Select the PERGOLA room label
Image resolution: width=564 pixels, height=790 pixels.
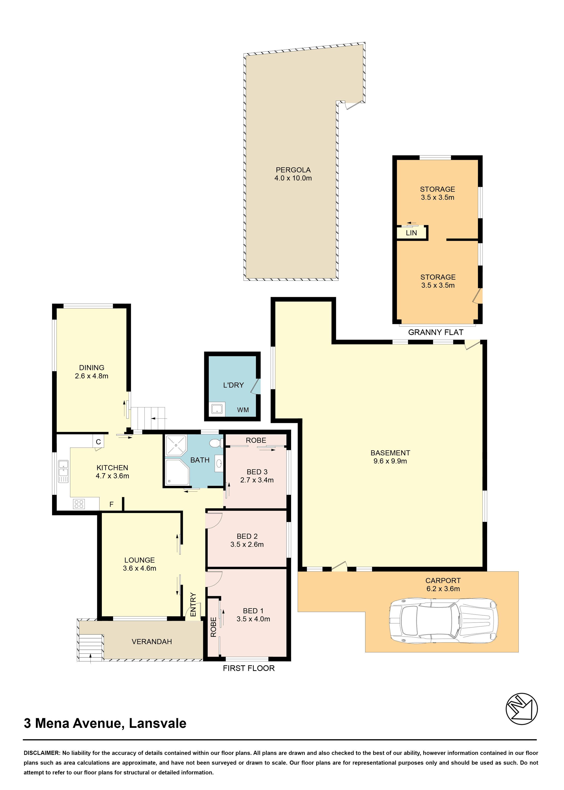[293, 170]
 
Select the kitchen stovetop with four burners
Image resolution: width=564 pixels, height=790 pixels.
[79, 504]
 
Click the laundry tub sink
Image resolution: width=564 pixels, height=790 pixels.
[217, 409]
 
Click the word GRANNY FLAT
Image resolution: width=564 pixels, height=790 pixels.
[436, 332]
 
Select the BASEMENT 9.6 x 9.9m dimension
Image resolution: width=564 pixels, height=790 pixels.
[390, 461]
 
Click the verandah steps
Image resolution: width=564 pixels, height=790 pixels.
[90, 647]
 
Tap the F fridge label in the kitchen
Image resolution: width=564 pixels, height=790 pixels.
[112, 504]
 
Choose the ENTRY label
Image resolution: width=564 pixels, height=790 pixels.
[193, 604]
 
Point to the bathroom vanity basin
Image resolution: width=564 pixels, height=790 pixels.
[219, 463]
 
